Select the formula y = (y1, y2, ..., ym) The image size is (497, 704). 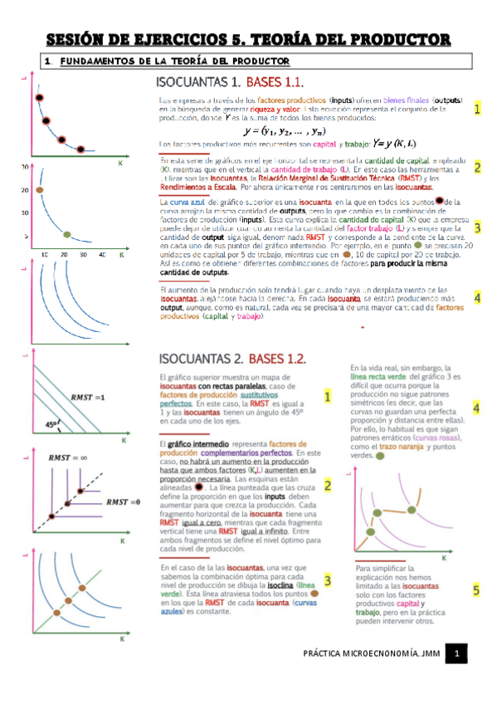284,130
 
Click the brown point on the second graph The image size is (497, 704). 39,189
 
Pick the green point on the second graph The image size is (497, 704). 67,234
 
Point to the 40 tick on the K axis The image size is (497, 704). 102,255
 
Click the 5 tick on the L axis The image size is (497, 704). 26,236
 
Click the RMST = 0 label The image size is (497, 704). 122,502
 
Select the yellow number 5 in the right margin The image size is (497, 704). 476,591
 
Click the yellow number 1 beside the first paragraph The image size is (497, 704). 477,109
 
